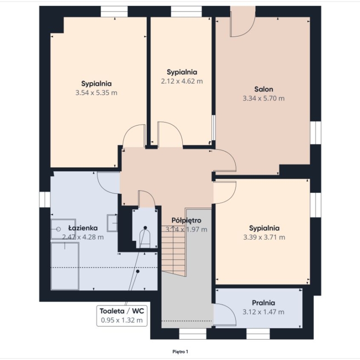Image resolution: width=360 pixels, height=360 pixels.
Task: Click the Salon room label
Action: [264, 89]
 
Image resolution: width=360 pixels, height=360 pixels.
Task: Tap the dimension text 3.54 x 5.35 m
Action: [96, 93]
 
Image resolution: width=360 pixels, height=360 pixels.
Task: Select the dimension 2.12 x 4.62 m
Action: [182, 81]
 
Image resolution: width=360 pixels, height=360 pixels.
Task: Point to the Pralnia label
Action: [264, 303]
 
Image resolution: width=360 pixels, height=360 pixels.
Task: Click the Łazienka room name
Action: [83, 228]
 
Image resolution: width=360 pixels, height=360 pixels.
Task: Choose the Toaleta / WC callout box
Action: [122, 316]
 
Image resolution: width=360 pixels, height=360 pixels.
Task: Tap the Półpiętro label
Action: [186, 221]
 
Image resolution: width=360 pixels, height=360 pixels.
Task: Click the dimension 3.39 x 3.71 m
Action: [264, 237]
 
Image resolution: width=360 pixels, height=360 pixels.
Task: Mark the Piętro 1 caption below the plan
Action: [180, 352]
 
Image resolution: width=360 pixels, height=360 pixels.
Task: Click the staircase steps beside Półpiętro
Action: [174, 250]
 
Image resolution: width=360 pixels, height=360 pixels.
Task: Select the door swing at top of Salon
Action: [243, 22]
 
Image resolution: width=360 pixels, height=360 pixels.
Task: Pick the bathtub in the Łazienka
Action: [65, 266]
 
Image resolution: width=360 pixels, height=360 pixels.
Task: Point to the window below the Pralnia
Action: [258, 334]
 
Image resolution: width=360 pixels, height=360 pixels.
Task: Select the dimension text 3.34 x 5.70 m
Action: [264, 98]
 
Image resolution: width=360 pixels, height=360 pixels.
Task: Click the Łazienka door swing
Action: [108, 183]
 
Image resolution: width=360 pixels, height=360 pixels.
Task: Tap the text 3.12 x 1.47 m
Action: [264, 312]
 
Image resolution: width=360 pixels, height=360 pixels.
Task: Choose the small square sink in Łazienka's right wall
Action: [112, 223]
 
